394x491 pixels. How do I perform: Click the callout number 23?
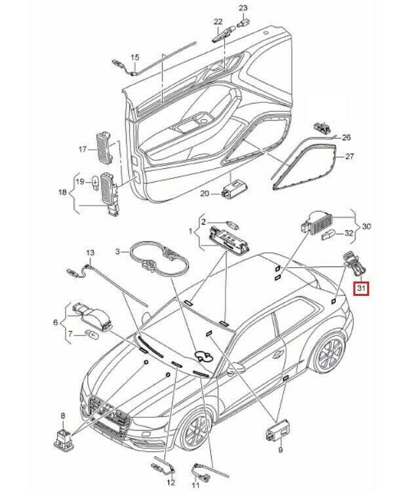click(x=243, y=8)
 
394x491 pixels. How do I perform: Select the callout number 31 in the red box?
click(x=361, y=287)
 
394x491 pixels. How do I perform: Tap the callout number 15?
click(x=135, y=58)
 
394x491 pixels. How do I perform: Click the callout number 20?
click(x=204, y=194)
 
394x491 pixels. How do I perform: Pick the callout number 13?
click(x=90, y=252)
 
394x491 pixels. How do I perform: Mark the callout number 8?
click(x=62, y=416)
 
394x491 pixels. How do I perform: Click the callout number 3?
click(x=119, y=251)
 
